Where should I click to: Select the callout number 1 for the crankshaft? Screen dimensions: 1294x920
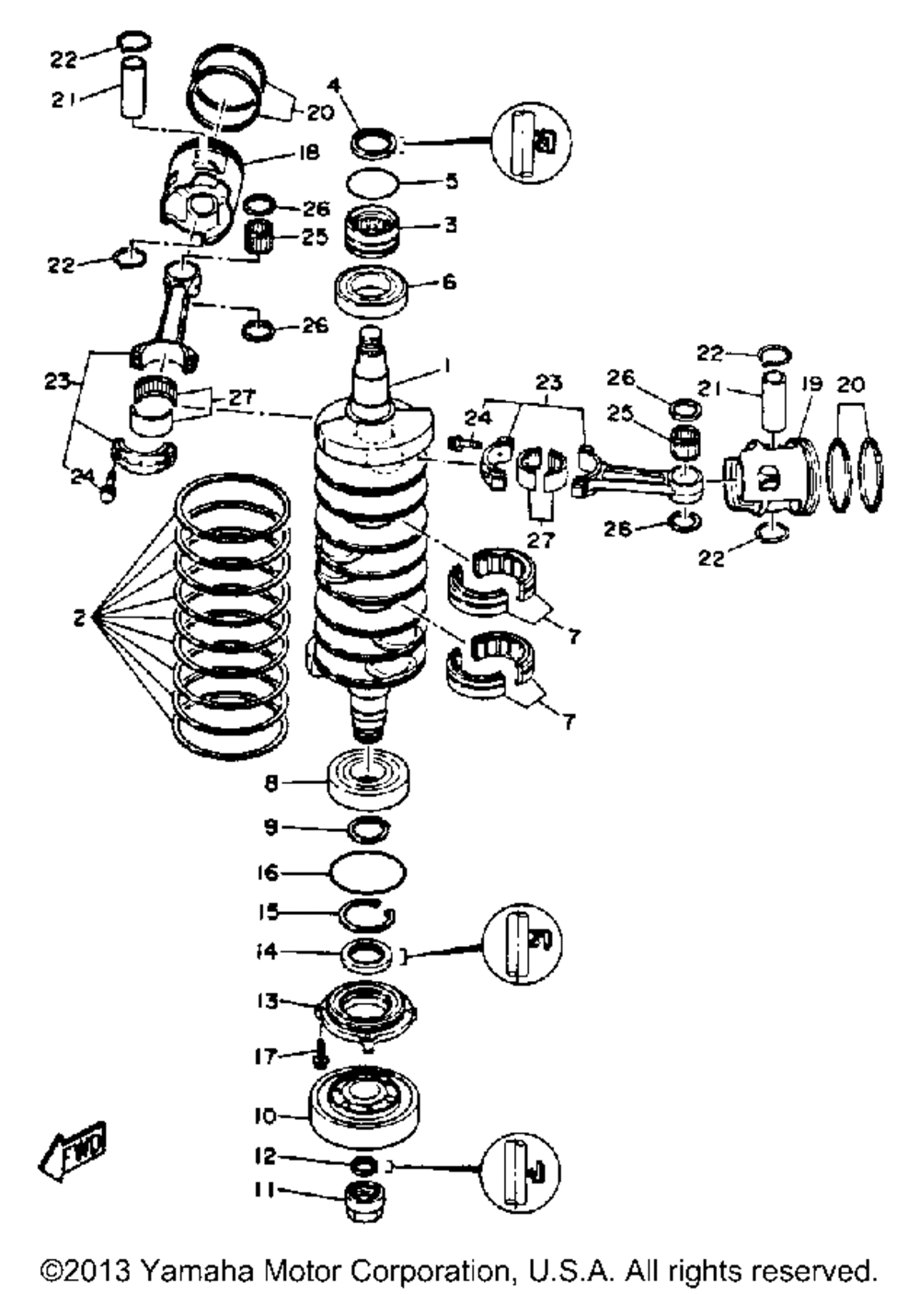pyautogui.click(x=446, y=367)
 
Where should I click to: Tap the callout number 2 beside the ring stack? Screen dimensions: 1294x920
pyautogui.click(x=80, y=618)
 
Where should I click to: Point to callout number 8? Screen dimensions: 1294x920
pyautogui.click(x=270, y=783)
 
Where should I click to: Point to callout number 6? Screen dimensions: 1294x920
pyautogui.click(x=449, y=283)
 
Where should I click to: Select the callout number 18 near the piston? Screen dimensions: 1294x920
pyautogui.click(x=309, y=152)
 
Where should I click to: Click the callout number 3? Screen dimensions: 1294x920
pyautogui.click(x=449, y=225)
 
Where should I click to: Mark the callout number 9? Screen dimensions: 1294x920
pyautogui.click(x=270, y=827)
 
